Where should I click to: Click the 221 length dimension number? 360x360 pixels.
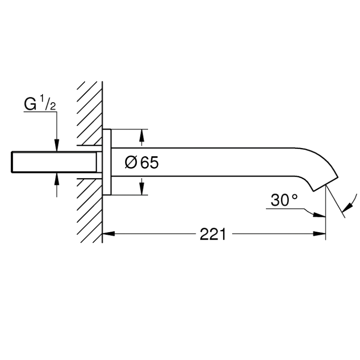pos(213,234)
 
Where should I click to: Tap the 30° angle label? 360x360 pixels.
pos(284,200)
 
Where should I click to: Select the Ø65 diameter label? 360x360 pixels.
pos(141,162)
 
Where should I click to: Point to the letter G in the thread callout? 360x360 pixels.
pos(30,104)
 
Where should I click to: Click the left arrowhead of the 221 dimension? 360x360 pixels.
pos(108,234)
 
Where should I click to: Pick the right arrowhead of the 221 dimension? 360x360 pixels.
pos(319,234)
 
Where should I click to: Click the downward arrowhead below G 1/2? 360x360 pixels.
pos(57,145)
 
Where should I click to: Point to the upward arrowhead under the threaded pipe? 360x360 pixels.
pos(57,179)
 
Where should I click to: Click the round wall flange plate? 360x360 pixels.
pos(107,162)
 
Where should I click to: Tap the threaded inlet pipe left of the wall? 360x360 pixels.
pos(54,162)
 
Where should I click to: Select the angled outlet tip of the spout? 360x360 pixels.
pos(325,184)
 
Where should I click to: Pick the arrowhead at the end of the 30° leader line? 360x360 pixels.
pos(319,215)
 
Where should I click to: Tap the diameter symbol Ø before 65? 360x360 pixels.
pos(130,162)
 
